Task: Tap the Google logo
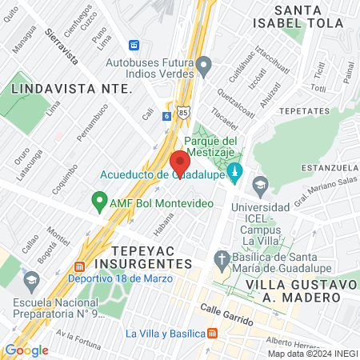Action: click(x=26, y=350)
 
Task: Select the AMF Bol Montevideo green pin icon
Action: click(x=99, y=200)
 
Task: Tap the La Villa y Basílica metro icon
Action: click(x=212, y=334)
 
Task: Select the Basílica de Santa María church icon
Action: click(x=222, y=258)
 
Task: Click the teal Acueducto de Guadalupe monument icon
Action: click(x=235, y=171)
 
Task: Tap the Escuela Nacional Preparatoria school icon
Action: click(x=32, y=281)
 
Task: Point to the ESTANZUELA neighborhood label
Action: click(x=329, y=168)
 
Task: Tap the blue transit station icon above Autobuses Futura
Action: click(x=135, y=45)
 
